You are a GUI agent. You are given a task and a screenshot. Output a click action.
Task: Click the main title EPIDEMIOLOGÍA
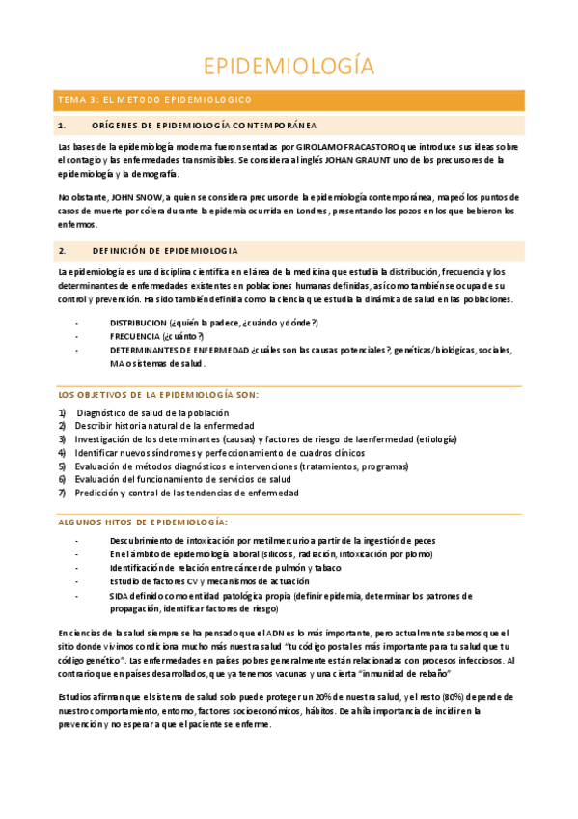pos(289,66)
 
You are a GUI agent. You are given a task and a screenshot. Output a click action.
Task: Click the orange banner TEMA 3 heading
pos(154,99)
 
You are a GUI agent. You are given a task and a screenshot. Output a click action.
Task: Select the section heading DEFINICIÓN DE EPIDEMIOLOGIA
pos(165,250)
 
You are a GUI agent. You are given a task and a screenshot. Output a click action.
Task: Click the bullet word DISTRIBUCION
pos(138,322)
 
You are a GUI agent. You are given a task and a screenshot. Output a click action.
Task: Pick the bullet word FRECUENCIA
pos(135,335)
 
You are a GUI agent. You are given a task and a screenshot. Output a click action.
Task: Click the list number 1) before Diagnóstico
pos(63,412)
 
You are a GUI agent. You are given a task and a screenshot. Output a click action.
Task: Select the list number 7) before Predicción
pos(63,493)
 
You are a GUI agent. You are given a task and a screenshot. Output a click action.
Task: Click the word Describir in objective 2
pos(94,426)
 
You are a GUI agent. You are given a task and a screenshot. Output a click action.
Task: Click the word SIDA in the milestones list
pos(120,596)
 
